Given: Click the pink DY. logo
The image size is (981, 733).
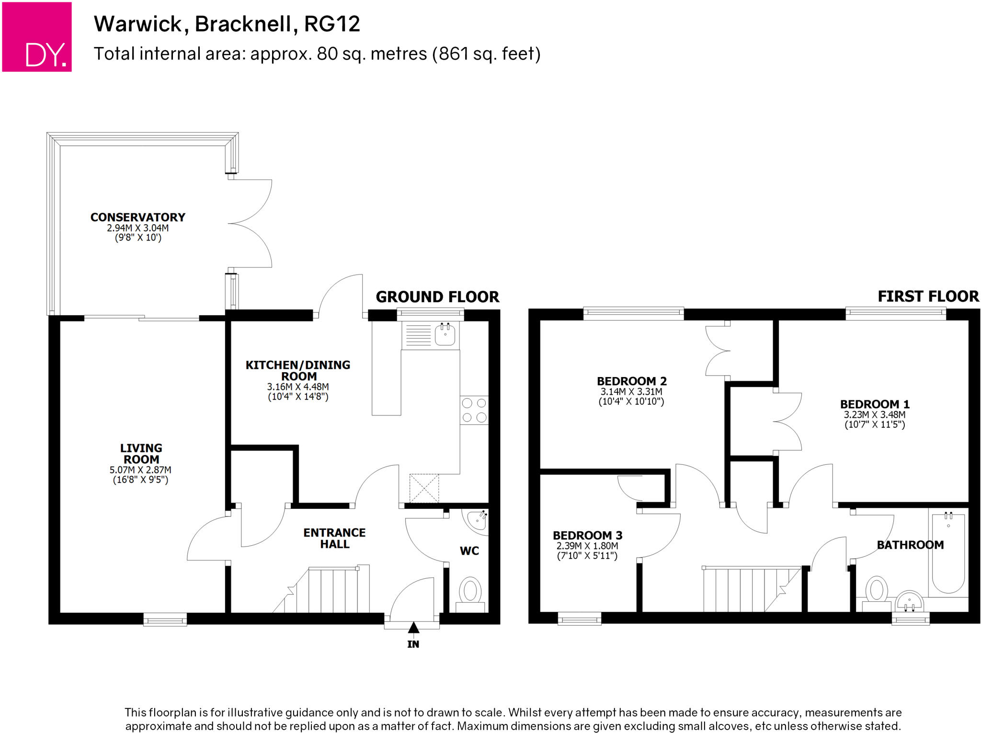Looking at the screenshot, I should (x=37, y=37).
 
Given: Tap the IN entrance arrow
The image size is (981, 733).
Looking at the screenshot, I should (x=413, y=627).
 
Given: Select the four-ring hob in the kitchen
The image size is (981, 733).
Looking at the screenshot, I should (x=474, y=410).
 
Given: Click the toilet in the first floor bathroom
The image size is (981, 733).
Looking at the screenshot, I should (x=876, y=592).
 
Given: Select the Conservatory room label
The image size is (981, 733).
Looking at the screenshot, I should (x=138, y=218).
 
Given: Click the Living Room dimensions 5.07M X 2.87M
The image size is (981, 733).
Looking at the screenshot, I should (x=140, y=470).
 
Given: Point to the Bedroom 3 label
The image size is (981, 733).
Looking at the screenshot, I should (x=587, y=535).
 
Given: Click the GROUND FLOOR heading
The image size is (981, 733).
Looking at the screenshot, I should (x=437, y=297).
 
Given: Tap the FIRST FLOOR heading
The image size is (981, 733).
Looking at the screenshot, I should (x=928, y=297).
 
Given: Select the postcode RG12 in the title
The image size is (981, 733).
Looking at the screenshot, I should (x=332, y=24).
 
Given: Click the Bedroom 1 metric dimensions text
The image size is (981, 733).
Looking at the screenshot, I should (x=875, y=414).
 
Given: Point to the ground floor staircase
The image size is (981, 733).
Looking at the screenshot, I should (x=326, y=590).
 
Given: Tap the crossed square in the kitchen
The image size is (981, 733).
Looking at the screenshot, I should (x=424, y=488).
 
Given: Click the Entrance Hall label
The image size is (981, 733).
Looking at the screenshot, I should (x=334, y=538).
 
